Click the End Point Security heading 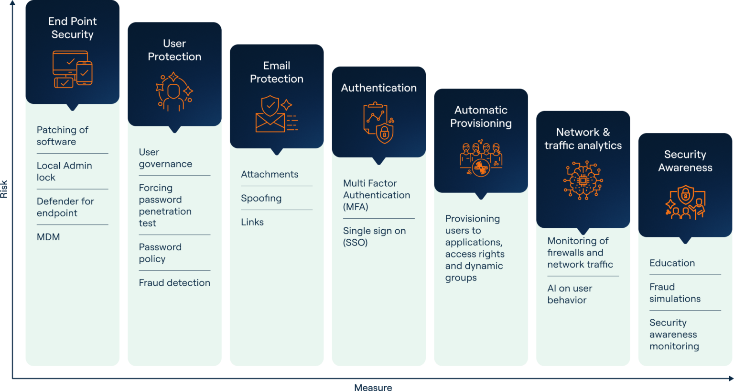tap(72, 28)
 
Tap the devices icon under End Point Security tap(72, 69)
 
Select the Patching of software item tap(63, 136)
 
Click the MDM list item tap(48, 237)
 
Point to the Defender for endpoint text tap(65, 207)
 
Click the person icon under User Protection tap(174, 92)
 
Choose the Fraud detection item tap(174, 283)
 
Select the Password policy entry tap(160, 253)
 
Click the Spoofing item tap(261, 198)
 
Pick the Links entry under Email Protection tap(252, 222)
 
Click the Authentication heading tap(378, 88)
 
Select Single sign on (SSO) tap(374, 236)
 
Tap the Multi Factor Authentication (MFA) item tap(376, 195)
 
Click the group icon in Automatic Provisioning tap(481, 158)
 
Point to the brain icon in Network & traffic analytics tap(583, 180)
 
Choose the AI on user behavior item tap(570, 294)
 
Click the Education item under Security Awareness tap(672, 263)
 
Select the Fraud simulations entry tap(675, 293)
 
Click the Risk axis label tap(4, 189)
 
